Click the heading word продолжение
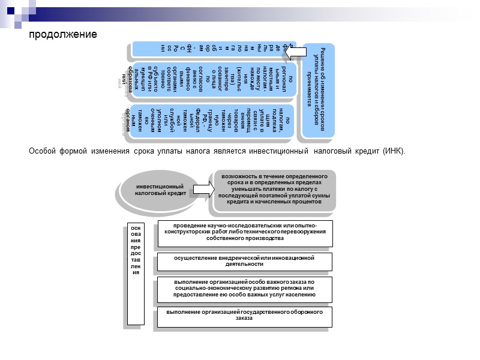coord(63,34)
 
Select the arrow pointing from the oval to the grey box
coord(201,190)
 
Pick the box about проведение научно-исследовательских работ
coord(244,232)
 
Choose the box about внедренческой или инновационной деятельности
coord(244,261)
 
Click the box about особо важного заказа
coord(244,289)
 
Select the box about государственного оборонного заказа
coord(244,316)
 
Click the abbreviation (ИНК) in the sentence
coord(393,151)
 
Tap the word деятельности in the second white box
coord(244,264)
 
